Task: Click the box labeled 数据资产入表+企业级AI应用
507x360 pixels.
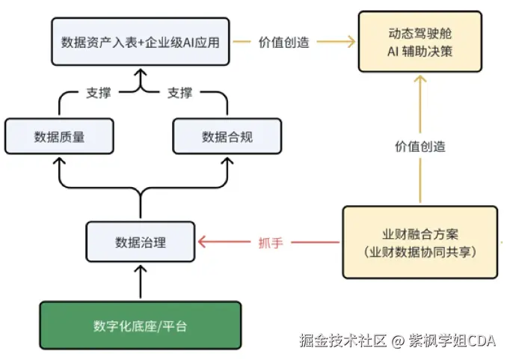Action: tap(141, 42)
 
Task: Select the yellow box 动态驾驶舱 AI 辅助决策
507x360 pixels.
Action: tap(420, 42)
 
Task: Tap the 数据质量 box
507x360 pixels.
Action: tap(59, 136)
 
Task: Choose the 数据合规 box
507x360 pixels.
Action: tap(227, 136)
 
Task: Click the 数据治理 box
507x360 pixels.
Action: tap(141, 242)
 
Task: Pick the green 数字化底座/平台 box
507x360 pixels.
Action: tap(141, 326)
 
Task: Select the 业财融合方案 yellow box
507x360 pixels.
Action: tap(420, 242)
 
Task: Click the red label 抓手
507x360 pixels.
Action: tap(271, 242)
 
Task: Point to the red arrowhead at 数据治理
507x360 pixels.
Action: tap(202, 242)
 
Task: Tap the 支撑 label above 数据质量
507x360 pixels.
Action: tap(98, 93)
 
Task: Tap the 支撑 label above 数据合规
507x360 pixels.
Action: tap(179, 93)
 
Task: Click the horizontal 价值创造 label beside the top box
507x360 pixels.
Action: tap(284, 43)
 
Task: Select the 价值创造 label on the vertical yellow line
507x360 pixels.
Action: tap(420, 147)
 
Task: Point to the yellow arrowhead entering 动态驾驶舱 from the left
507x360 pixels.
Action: tap(351, 42)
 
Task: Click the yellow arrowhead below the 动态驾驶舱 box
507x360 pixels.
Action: tap(420, 79)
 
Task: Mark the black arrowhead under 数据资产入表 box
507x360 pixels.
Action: tap(141, 73)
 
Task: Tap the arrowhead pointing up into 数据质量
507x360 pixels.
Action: tap(59, 161)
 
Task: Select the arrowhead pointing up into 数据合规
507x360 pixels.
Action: tap(227, 161)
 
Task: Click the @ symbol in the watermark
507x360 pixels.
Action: tap(398, 341)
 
